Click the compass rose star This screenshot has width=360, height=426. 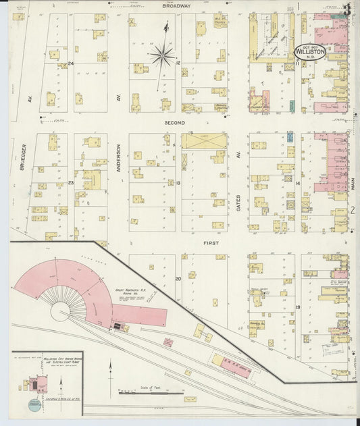point(162,55)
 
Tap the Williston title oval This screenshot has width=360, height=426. point(311,51)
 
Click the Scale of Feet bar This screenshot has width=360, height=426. point(150,392)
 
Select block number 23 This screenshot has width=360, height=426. point(70,183)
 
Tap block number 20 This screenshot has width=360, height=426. point(178,278)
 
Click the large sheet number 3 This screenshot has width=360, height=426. point(346,10)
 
